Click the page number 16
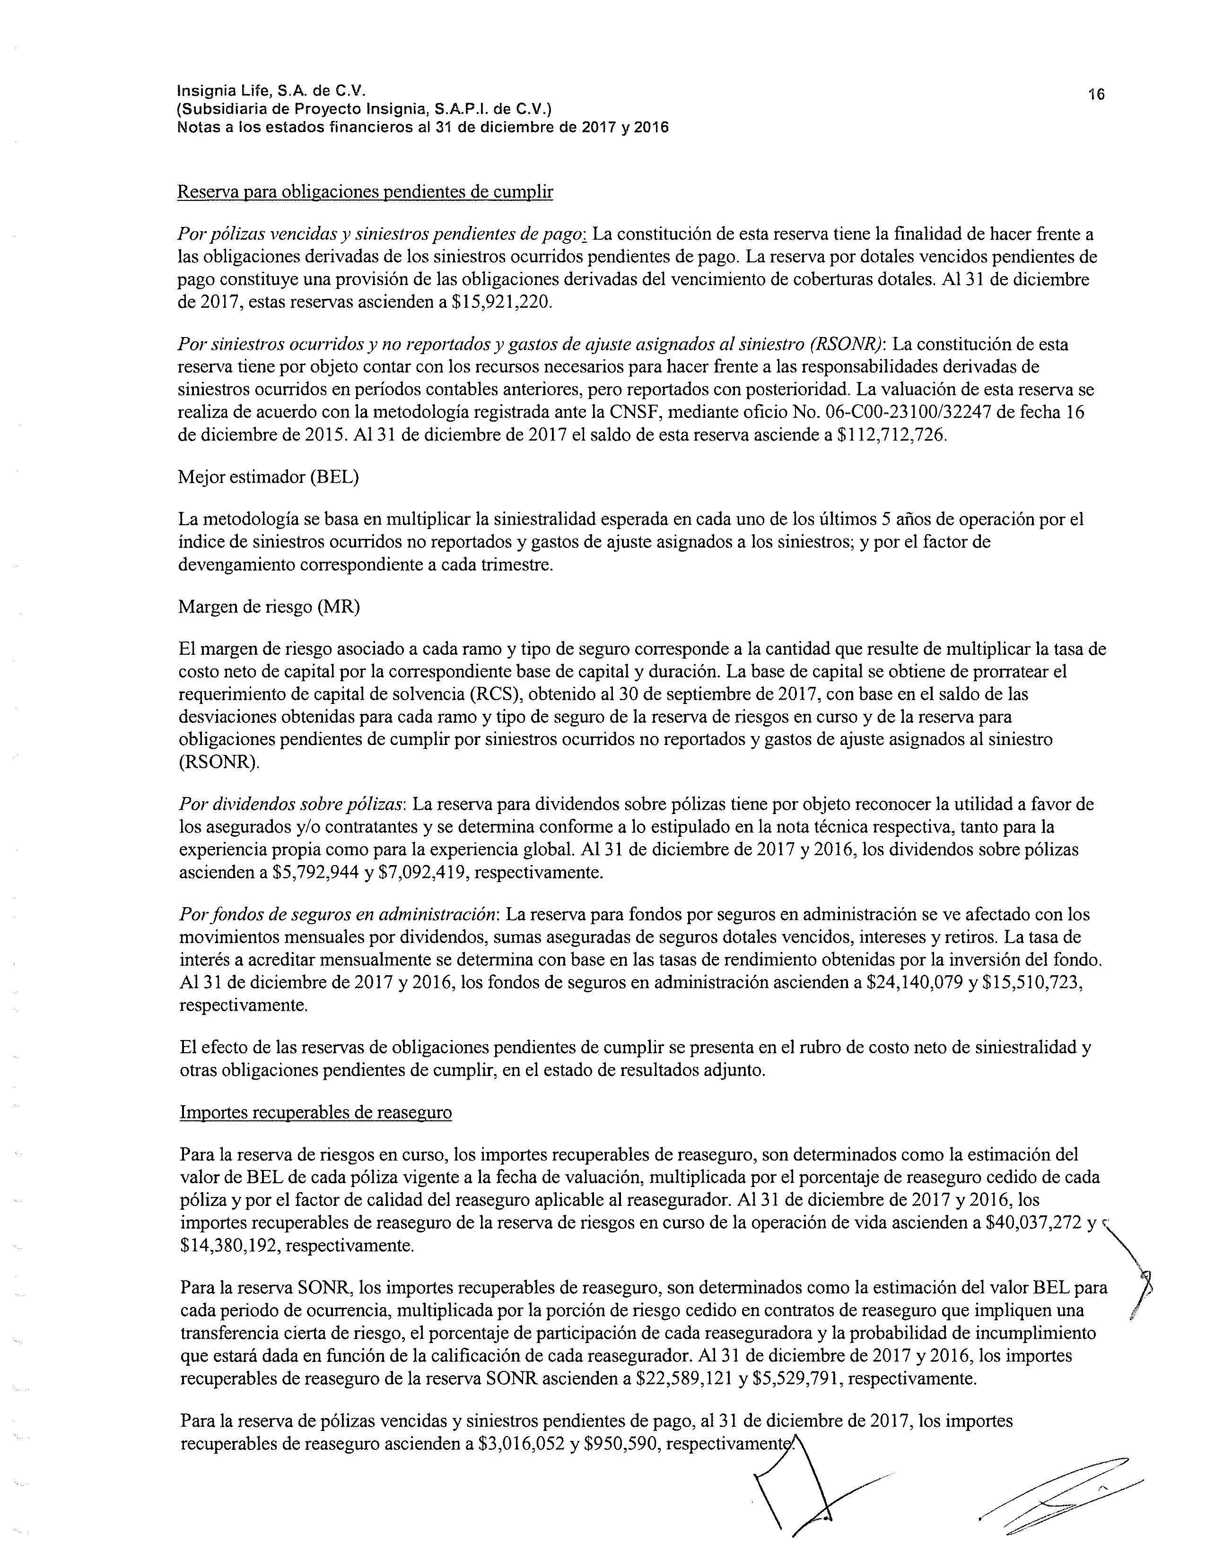(1096, 94)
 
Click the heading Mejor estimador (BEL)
(268, 477)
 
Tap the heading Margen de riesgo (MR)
(269, 607)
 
